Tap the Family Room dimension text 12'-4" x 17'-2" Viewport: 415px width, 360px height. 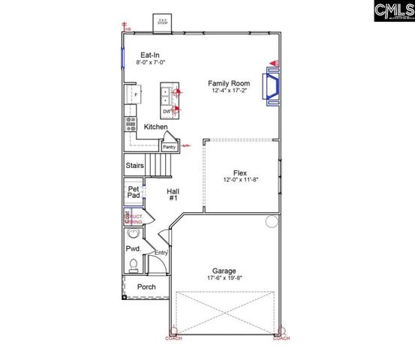229,91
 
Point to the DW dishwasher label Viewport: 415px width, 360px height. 166,110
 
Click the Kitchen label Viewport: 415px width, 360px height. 156,127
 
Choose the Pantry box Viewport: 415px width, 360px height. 169,147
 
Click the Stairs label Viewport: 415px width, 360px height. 135,165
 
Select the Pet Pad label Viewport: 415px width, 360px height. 134,192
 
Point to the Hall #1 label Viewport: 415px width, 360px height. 172,194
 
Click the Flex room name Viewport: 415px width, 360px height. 240,172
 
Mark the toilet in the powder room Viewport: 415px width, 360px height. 133,265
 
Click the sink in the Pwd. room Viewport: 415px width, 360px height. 134,234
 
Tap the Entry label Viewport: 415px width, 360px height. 161,253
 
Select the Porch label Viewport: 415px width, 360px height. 146,287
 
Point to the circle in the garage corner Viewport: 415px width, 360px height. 271,222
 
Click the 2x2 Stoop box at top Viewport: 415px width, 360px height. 162,23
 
